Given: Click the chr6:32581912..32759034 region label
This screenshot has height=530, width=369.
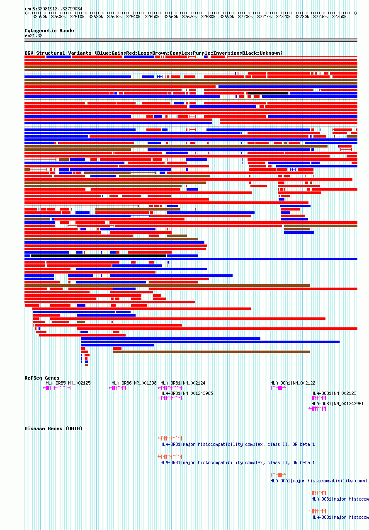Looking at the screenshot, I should pyautogui.click(x=53, y=9).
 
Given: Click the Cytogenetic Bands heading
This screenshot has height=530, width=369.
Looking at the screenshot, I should pyautogui.click(x=49, y=31).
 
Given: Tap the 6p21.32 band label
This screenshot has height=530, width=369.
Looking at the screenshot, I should pyautogui.click(x=33, y=36).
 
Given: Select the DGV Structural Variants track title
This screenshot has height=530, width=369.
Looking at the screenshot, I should pyautogui.click(x=153, y=53).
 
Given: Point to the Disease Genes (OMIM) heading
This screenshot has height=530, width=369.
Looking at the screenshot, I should pyautogui.click(x=53, y=428).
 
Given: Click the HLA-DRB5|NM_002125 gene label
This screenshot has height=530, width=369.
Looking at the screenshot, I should pyautogui.click(x=68, y=383).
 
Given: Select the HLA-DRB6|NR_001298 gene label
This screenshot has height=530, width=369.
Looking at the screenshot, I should pyautogui.click(x=134, y=383).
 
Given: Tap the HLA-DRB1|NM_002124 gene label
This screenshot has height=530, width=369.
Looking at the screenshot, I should pyautogui.click(x=183, y=383).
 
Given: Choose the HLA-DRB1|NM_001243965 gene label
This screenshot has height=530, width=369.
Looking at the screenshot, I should pyautogui.click(x=187, y=393).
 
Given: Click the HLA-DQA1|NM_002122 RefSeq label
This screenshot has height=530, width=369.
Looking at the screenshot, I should pyautogui.click(x=293, y=383).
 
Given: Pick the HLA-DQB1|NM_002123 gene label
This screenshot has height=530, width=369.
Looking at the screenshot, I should pyautogui.click(x=334, y=393).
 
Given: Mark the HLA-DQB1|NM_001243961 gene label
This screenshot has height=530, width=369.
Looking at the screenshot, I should pyautogui.click(x=337, y=404).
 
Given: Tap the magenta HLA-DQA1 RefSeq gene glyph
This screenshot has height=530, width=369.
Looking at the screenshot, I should pyautogui.click(x=278, y=388).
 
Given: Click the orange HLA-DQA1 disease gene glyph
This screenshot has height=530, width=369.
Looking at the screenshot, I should pyautogui.click(x=278, y=475).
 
